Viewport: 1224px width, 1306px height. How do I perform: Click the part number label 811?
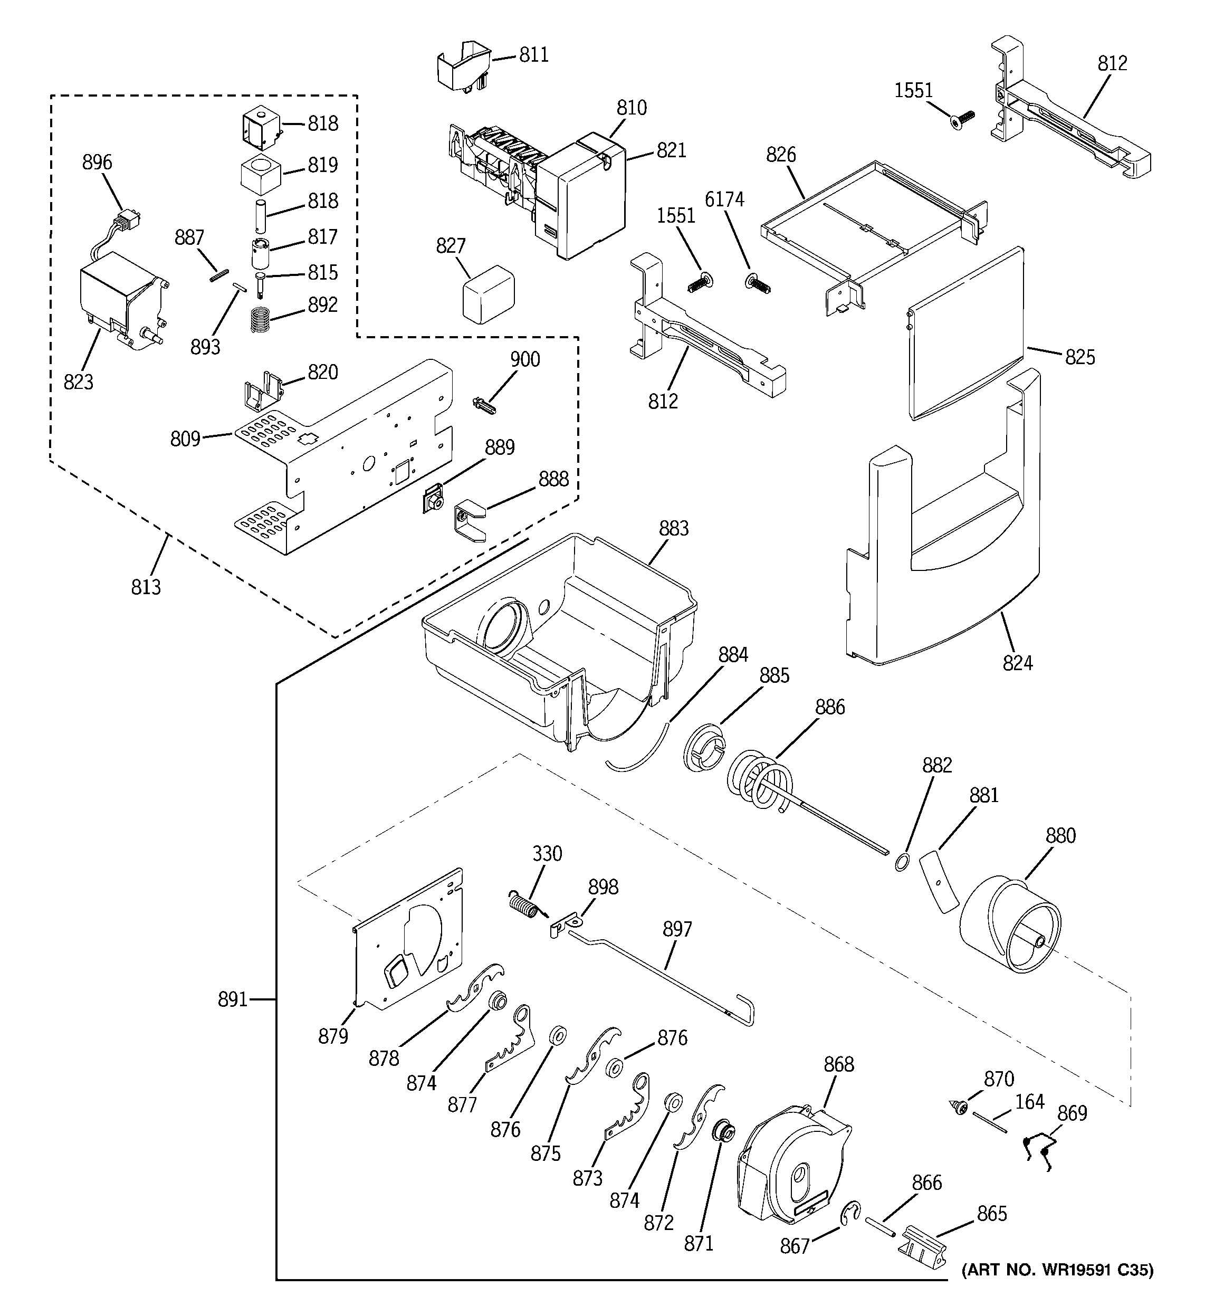533,54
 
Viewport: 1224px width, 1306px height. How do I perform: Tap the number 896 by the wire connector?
97,163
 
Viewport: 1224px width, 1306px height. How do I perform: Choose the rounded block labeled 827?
487,294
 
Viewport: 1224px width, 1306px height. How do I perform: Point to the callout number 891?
233,1000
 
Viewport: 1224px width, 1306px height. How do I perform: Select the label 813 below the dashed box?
146,587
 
